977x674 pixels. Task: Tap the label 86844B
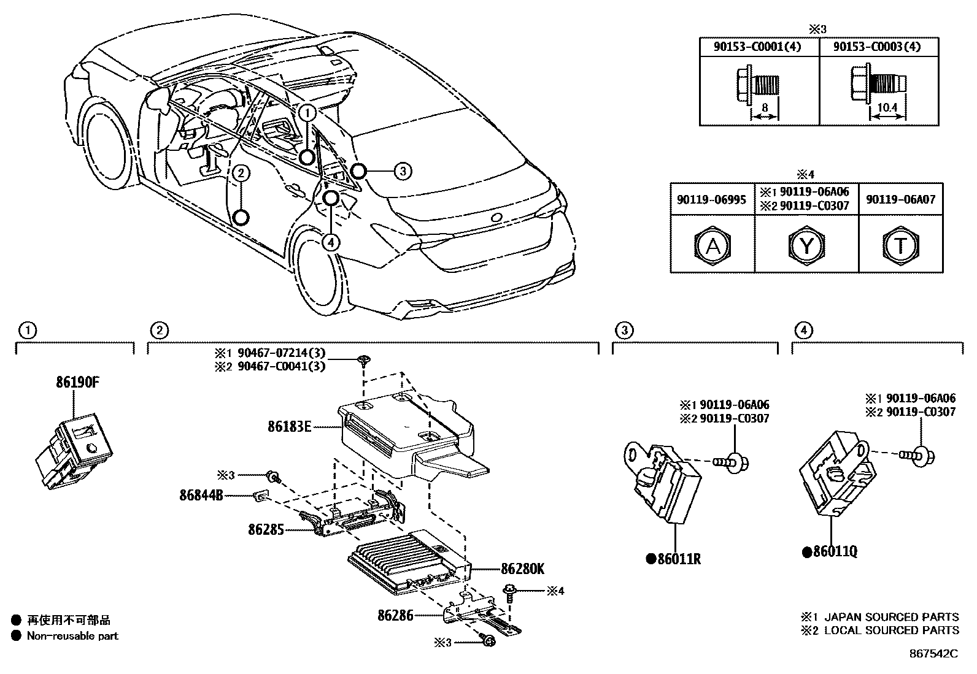pyautogui.click(x=201, y=494)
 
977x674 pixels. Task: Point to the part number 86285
pyautogui.click(x=266, y=529)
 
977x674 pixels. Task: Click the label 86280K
pyautogui.click(x=522, y=569)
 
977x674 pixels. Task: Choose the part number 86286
pyautogui.click(x=396, y=615)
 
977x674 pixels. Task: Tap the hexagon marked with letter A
pyautogui.click(x=712, y=246)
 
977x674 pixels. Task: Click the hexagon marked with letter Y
pyautogui.click(x=806, y=246)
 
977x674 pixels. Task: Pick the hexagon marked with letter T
pyautogui.click(x=900, y=246)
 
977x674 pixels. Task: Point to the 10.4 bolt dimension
pyautogui.click(x=887, y=107)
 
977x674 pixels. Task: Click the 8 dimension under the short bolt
pyautogui.click(x=765, y=107)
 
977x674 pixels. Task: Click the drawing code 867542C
pyautogui.click(x=933, y=654)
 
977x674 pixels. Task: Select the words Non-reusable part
pyautogui.click(x=72, y=636)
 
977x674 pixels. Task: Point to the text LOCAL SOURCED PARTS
pyautogui.click(x=891, y=630)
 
